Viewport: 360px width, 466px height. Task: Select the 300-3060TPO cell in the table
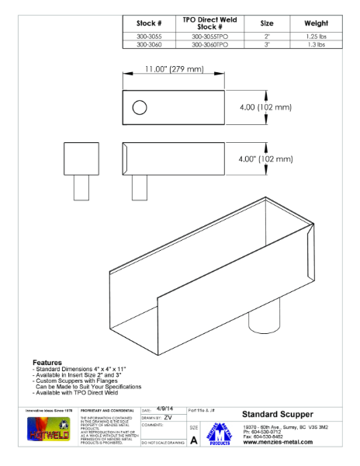pos(209,45)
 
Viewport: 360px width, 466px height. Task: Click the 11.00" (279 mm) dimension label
pos(174,70)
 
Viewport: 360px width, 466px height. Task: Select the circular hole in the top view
pos(140,108)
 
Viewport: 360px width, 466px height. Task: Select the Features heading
pos(47,362)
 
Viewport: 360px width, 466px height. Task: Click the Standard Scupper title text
pos(278,414)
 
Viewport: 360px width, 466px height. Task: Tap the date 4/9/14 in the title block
pos(164,408)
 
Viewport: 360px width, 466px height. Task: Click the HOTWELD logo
pos(48,431)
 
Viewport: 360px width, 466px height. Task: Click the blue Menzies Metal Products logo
pos(220,433)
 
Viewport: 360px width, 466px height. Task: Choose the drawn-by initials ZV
pos(168,417)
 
